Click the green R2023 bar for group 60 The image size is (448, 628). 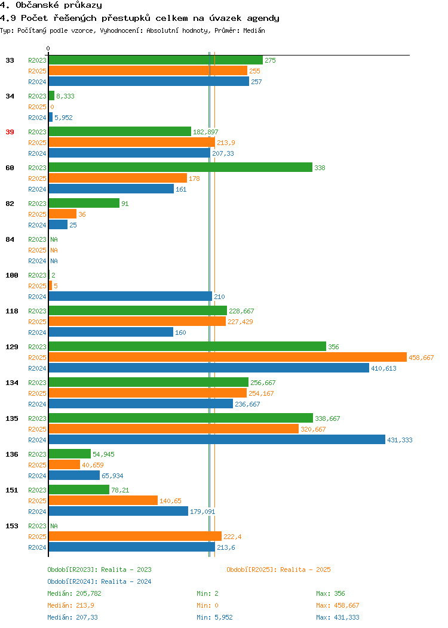180,167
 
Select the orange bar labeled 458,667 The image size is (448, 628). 228,357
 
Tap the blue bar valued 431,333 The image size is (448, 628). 217,440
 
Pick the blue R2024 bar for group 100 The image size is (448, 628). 130,296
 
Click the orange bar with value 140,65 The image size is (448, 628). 103,501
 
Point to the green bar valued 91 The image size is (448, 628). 84,204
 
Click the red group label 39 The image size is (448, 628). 10,132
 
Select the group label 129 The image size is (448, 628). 11,347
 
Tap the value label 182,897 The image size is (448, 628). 205,132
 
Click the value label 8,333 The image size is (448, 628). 65,96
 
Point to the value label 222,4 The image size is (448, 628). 232,537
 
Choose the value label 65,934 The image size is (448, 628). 112,476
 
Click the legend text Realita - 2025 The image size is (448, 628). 305,569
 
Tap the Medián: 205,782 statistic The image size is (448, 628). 74,593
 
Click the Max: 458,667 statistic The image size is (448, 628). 337,605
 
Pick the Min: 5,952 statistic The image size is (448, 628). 214,618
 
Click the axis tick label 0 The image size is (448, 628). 48,48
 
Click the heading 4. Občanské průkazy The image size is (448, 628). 51,5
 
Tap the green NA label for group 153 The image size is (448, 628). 54,526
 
